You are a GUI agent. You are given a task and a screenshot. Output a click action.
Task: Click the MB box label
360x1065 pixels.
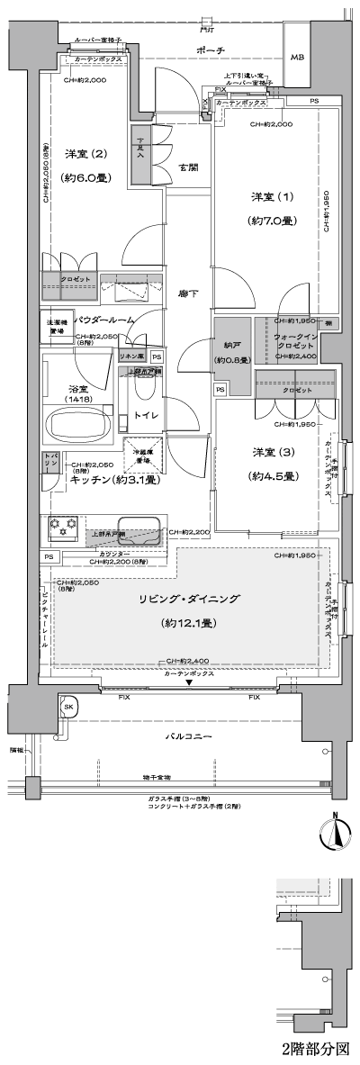click(297, 57)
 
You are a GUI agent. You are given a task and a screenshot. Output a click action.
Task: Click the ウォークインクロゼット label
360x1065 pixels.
click(293, 338)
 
